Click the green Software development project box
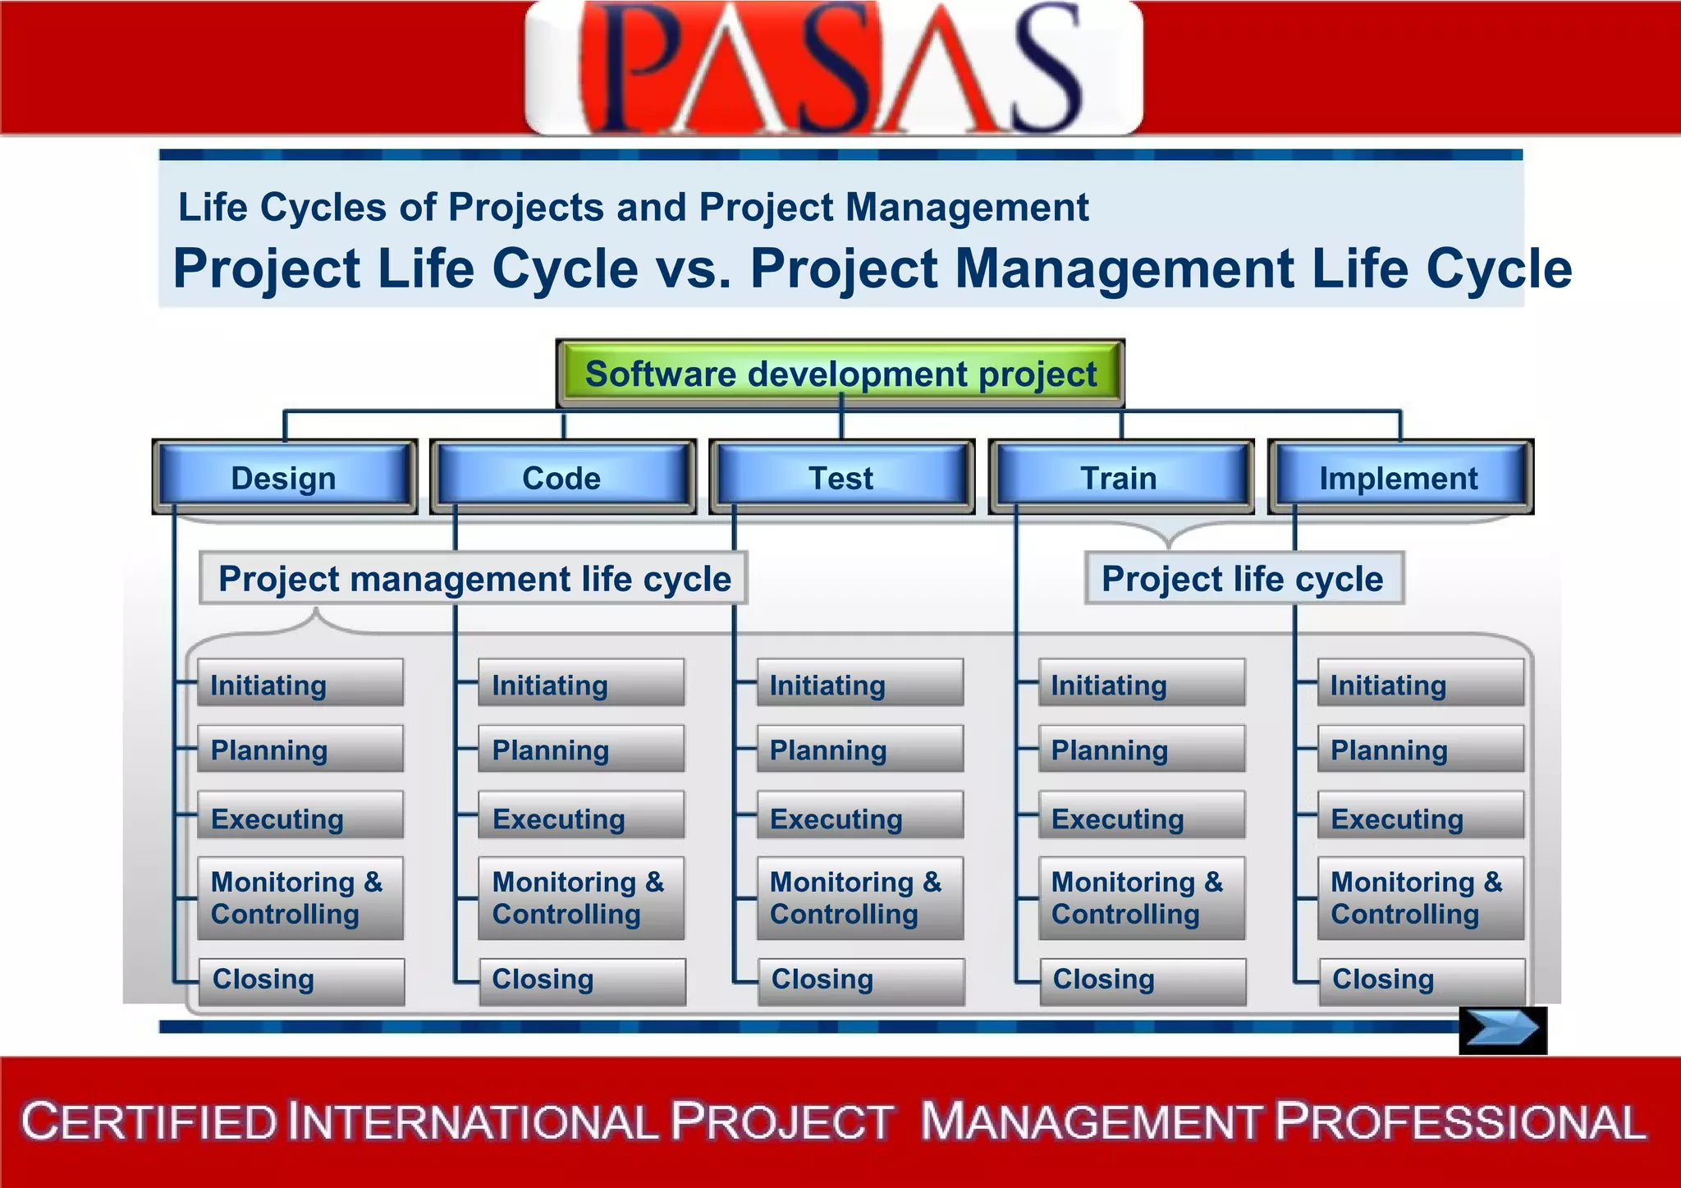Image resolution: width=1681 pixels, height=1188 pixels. (x=840, y=374)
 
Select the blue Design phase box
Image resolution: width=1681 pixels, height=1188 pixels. (x=284, y=477)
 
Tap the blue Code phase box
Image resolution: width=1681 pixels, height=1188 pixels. (x=562, y=477)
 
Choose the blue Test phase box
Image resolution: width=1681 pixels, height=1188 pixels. (x=841, y=477)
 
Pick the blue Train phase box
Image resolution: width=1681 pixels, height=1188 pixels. (x=1120, y=477)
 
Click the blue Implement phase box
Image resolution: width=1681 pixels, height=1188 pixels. (x=1399, y=477)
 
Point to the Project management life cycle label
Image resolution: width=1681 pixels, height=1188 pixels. (x=474, y=579)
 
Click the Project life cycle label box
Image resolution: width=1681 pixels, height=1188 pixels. (x=1243, y=579)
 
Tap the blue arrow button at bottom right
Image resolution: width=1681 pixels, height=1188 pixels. (x=1502, y=1030)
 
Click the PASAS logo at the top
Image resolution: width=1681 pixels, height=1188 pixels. (x=833, y=67)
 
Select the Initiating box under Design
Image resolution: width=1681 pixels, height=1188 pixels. (x=300, y=683)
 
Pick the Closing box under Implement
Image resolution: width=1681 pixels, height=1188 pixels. (x=1422, y=980)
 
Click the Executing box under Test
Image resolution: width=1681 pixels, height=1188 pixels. (x=860, y=816)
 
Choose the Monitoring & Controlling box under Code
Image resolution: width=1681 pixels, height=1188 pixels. (x=581, y=898)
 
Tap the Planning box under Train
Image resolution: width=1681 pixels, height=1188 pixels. (x=1141, y=749)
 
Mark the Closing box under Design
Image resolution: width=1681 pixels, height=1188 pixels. (x=301, y=980)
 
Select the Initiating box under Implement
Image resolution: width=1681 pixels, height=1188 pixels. (x=1420, y=683)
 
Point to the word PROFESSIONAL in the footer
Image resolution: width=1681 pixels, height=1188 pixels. (x=1461, y=1122)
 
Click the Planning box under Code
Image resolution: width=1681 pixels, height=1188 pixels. (x=581, y=749)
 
